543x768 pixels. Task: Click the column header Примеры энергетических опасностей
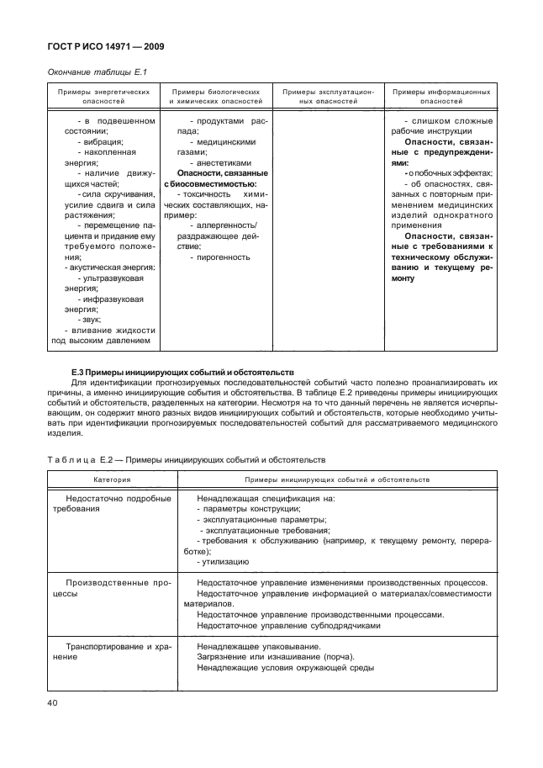tap(103, 95)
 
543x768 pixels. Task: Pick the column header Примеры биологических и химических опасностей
tap(216, 95)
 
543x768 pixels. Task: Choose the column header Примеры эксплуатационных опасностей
tap(328, 95)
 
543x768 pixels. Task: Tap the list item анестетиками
tap(220, 163)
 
